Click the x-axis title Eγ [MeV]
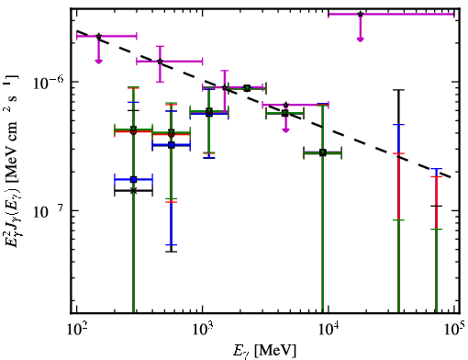point(264,351)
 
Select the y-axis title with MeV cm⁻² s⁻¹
point(12,163)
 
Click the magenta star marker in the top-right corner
point(361,14)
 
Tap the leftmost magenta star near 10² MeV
point(98,36)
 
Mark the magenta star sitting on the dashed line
point(160,62)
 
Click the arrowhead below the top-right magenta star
point(361,39)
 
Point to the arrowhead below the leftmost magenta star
point(98,61)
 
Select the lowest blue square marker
point(133,179)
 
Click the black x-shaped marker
point(133,191)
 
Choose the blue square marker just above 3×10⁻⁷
point(172,145)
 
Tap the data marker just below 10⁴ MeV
point(323,152)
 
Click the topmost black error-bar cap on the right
point(398,90)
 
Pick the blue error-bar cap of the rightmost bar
point(436,169)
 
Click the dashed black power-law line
point(264,104)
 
